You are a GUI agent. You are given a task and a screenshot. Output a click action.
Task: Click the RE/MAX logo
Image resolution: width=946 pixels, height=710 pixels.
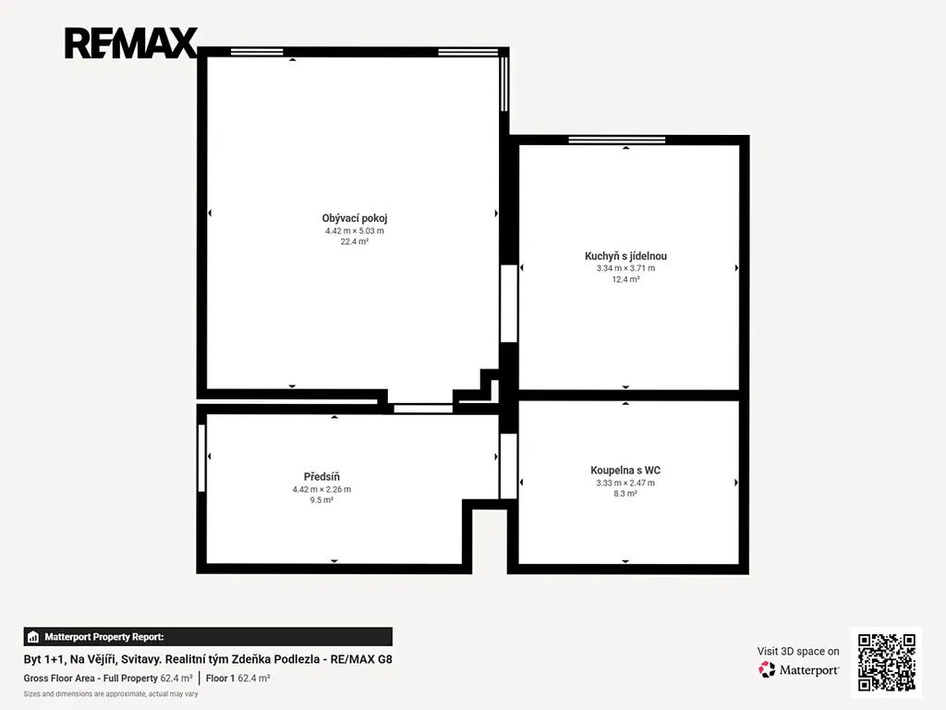[x=131, y=43]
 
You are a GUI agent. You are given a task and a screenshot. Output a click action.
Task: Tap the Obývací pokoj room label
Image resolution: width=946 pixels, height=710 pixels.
[x=354, y=218]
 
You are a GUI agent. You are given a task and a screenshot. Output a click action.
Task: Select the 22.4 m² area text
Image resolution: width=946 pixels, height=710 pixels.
[x=354, y=241]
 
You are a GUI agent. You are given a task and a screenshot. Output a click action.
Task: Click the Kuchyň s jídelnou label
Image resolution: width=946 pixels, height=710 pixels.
[x=625, y=256]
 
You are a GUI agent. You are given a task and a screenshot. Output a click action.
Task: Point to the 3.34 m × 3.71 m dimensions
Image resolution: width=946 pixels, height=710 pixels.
[x=625, y=268]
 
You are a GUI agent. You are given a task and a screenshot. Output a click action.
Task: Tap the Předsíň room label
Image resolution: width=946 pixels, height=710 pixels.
[x=321, y=477]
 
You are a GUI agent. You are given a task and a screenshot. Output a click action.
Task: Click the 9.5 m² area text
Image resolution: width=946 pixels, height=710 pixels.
[x=321, y=500]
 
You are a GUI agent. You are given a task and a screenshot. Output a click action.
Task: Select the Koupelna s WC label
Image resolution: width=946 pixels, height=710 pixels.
[x=625, y=471]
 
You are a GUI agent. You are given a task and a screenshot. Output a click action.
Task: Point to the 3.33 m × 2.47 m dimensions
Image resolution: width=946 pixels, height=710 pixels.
[x=625, y=483]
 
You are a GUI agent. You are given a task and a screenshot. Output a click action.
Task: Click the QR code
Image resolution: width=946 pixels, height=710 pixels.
[x=887, y=662]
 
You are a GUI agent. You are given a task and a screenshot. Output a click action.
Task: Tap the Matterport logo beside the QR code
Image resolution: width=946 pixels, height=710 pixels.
[x=799, y=669]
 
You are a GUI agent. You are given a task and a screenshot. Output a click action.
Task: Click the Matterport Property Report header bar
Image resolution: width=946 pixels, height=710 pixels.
[x=208, y=637]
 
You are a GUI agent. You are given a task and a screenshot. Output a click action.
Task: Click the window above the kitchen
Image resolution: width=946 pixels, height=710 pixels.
[x=616, y=141]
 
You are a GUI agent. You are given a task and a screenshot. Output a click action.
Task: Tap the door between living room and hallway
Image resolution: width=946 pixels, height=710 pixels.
[x=423, y=409]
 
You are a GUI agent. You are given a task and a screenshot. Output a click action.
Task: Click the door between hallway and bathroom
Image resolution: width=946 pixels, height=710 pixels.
[x=509, y=466]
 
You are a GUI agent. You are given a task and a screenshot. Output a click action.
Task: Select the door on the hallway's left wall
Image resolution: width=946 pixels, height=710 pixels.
[x=201, y=458]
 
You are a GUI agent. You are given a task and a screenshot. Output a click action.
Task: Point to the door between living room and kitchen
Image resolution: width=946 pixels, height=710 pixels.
[x=509, y=303]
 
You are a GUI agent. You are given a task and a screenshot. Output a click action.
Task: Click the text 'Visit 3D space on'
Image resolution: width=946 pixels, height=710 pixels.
[x=798, y=652]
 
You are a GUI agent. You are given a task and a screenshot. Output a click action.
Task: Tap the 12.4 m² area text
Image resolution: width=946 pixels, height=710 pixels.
[x=625, y=279]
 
